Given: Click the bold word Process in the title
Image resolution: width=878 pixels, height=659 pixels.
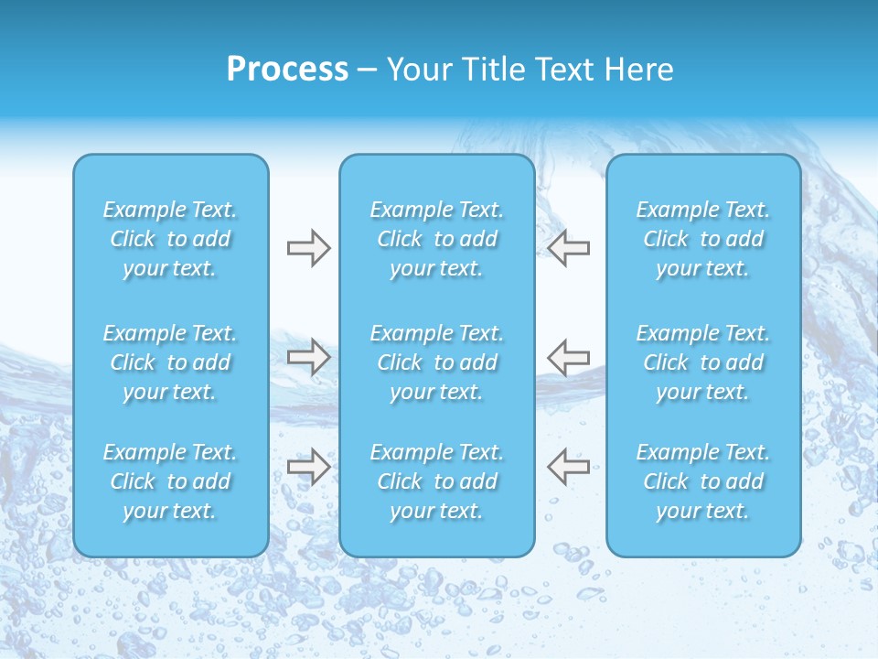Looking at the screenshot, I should (x=287, y=70).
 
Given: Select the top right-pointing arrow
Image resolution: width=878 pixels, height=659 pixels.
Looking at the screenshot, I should (x=308, y=248).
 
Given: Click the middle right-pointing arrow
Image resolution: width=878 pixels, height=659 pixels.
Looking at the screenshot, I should (x=308, y=357).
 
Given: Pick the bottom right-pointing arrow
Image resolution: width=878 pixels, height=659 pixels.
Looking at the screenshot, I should (x=308, y=467).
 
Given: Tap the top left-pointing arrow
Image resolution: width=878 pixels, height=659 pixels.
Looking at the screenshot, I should (x=569, y=248).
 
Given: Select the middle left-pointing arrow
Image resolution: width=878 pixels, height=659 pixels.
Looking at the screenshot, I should (x=569, y=357).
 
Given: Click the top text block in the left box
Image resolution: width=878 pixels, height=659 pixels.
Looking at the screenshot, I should (x=170, y=239).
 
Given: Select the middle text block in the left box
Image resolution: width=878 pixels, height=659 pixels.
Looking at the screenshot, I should (x=170, y=362).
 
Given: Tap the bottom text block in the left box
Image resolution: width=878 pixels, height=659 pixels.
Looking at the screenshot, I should (x=170, y=481).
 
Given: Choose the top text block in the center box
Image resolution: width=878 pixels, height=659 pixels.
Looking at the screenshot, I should (x=437, y=239).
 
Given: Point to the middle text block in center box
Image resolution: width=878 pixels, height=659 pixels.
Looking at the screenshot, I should (x=437, y=362).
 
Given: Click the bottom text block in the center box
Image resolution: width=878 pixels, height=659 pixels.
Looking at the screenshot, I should (x=437, y=481).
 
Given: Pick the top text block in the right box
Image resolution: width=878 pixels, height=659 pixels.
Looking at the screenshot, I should (x=703, y=239).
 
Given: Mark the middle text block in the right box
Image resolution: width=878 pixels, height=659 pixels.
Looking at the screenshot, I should (x=703, y=362).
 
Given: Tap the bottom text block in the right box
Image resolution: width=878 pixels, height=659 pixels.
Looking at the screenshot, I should (x=703, y=481).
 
